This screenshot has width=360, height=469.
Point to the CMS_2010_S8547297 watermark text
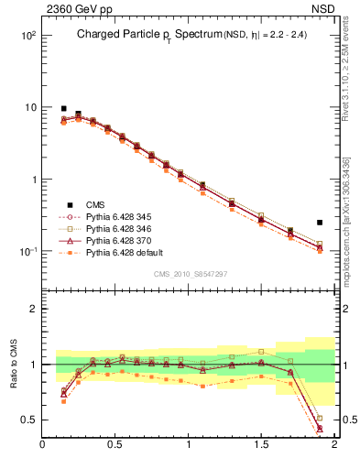(x=189, y=274)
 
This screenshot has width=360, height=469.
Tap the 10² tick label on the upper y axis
(x=28, y=35)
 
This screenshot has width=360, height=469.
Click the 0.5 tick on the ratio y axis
(x=30, y=420)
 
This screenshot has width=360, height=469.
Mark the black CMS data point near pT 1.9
(x=320, y=223)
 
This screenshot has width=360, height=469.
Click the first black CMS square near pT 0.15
(x=64, y=108)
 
